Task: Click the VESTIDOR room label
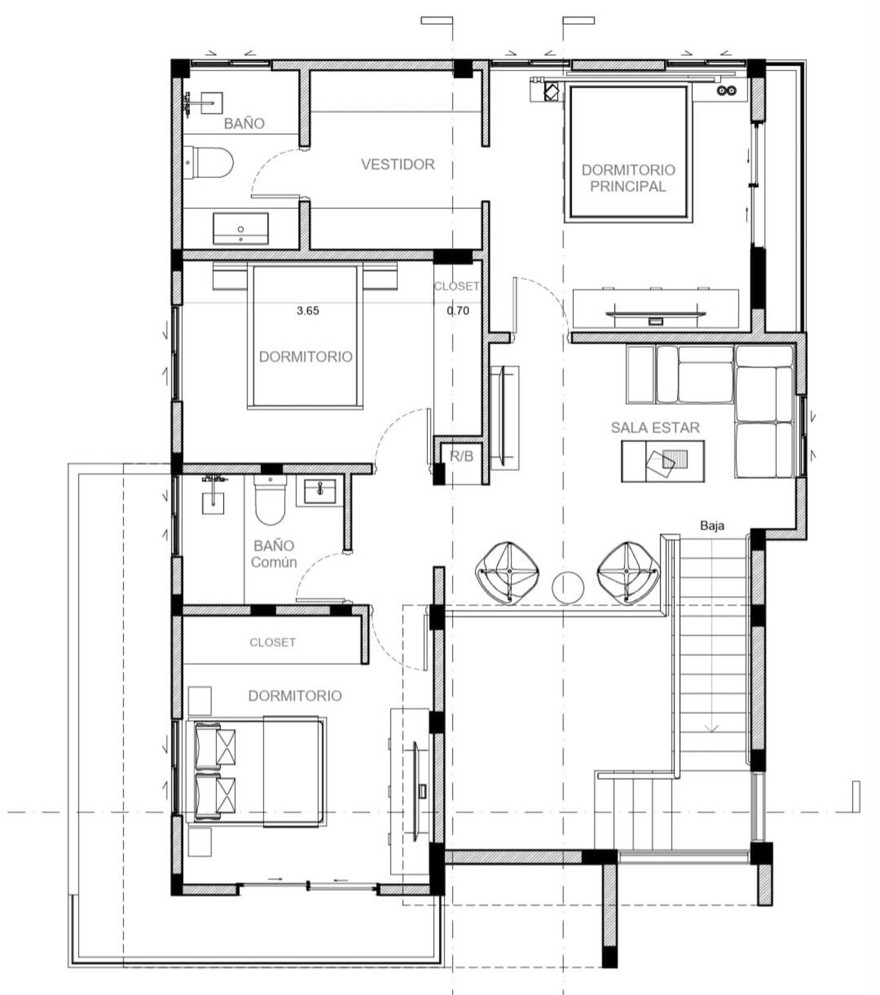[398, 164]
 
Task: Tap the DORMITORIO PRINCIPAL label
[628, 178]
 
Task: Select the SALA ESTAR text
[655, 427]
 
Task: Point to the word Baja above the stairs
[712, 525]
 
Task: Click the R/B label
[461, 456]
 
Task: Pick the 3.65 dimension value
[308, 311]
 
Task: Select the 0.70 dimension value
[458, 311]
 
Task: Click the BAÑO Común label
[274, 553]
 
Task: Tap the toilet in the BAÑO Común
[270, 501]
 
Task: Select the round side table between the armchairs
[568, 587]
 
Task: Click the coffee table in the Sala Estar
[663, 461]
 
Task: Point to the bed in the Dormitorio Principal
[628, 153]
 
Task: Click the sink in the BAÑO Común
[320, 490]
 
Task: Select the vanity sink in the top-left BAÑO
[240, 229]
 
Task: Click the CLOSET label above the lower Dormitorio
[273, 642]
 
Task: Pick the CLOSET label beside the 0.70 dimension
[457, 286]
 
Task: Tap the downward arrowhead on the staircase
[711, 728]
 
